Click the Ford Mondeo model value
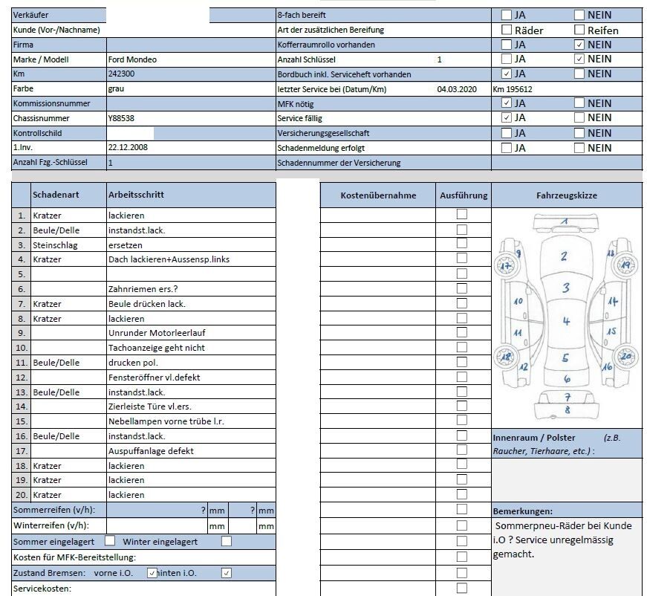(132, 59)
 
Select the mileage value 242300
(121, 74)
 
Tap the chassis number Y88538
(121, 118)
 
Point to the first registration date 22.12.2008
(127, 147)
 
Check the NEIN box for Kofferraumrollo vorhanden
(579, 45)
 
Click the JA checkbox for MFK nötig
(507, 103)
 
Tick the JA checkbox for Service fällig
(507, 117)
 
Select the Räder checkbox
(507, 30)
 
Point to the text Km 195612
(513, 89)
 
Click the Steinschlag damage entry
(55, 244)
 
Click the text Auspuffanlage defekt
(151, 451)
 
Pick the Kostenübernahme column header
(378, 195)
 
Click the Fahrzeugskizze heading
(566, 195)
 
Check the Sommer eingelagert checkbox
(110, 541)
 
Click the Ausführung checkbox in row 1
(462, 214)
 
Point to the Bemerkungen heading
(522, 511)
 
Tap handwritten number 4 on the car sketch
(566, 321)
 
